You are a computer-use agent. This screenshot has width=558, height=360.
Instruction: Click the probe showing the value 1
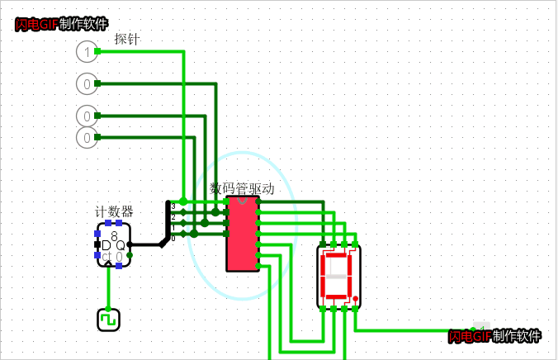pos(87,52)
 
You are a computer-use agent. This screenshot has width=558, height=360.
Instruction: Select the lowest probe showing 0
pos(87,137)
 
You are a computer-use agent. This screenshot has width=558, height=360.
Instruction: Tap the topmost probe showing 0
pos(87,83)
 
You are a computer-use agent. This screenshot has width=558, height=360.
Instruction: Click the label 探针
pos(126,39)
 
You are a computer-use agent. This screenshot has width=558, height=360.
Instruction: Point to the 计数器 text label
pos(114,211)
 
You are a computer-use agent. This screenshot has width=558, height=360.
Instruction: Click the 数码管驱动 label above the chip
pos(242,188)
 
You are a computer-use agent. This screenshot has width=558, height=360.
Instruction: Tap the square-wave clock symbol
pos(108,320)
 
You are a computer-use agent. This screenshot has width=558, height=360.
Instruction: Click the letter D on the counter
pos(106,245)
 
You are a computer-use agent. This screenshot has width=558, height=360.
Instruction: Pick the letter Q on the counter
pos(121,245)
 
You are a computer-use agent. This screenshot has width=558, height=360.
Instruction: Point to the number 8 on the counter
pos(114,236)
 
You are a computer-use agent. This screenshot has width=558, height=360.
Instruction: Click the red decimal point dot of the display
pos(356,298)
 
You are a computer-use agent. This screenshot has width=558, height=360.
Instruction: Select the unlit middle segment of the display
pos(337,277)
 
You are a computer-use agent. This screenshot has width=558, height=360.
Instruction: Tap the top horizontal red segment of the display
pos(337,255)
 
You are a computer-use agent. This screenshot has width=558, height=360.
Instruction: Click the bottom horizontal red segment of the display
pos(337,296)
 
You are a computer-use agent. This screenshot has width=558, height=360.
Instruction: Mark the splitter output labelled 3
pos(173,205)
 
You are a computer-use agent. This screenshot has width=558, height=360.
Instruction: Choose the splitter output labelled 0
pos(173,236)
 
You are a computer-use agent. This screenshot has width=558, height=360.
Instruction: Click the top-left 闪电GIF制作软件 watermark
pos(61,24)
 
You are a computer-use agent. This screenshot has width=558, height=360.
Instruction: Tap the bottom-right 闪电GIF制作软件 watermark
pos(495,336)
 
